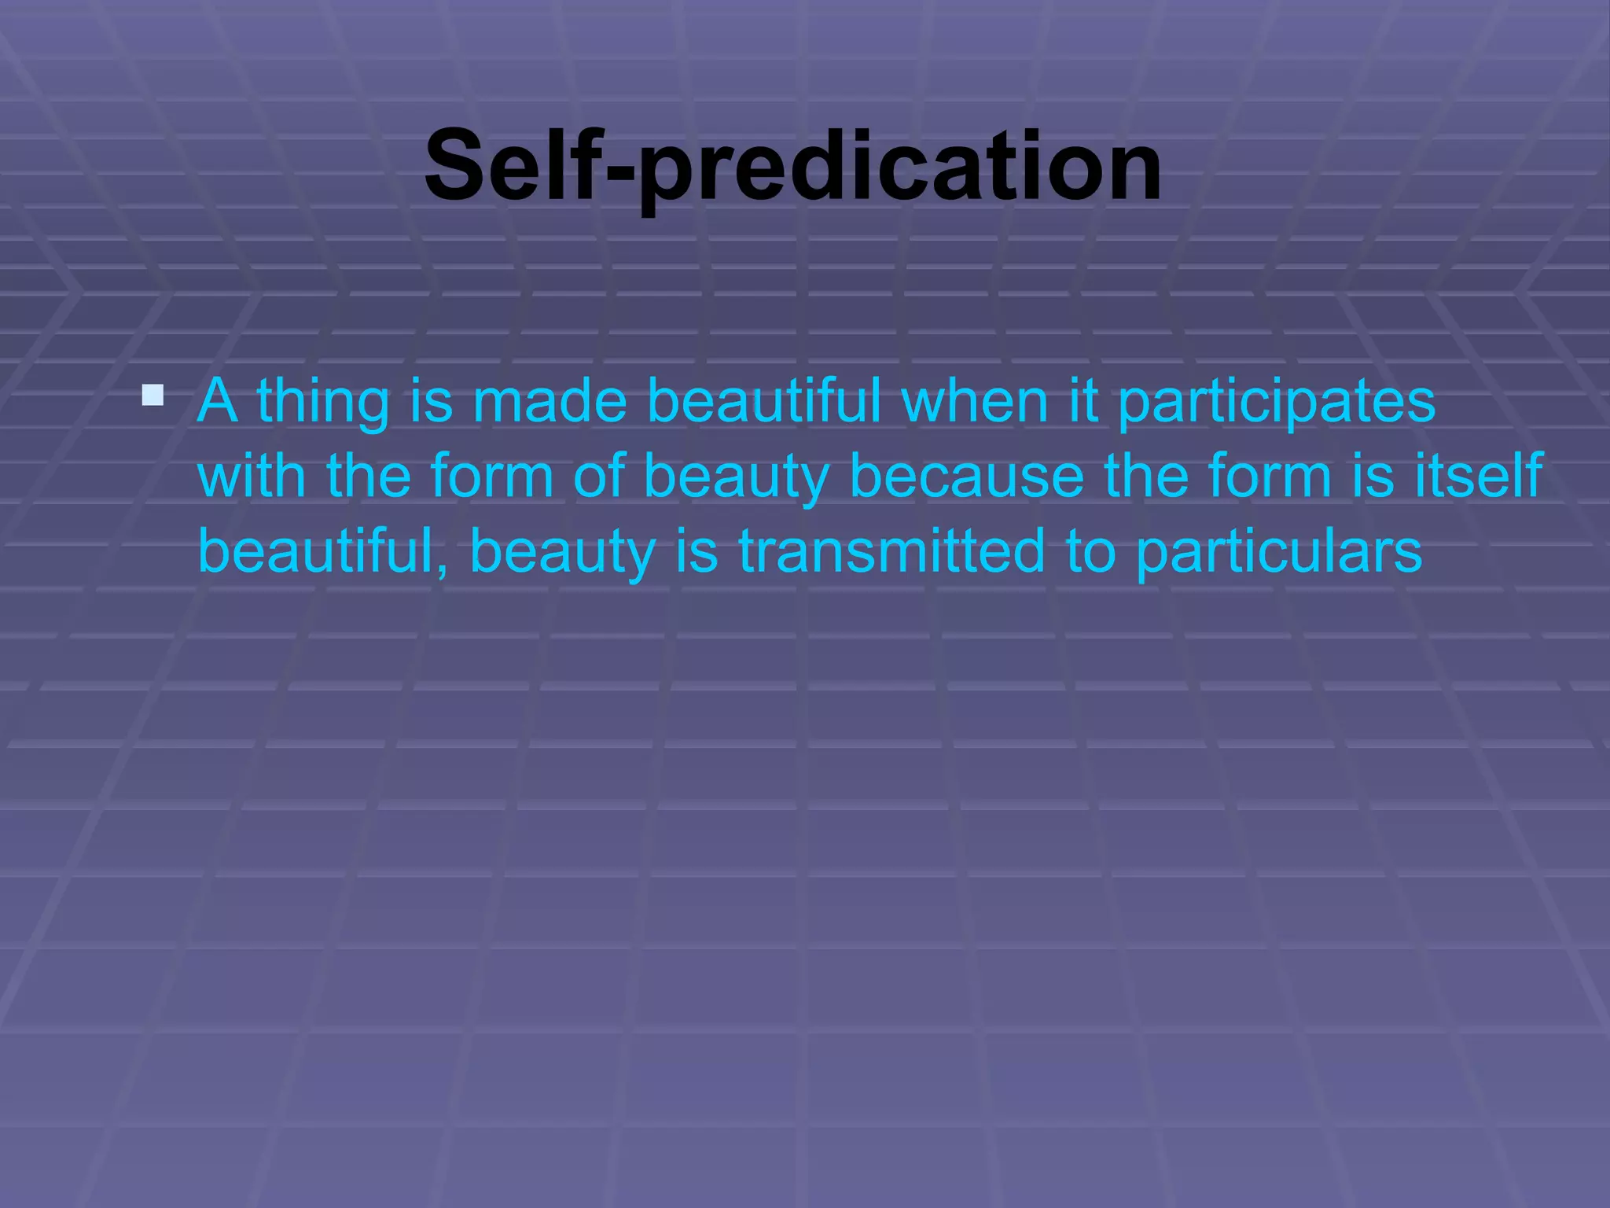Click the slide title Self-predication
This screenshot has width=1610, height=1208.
[792, 167]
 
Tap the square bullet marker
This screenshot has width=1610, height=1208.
[153, 395]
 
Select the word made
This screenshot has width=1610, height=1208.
[550, 401]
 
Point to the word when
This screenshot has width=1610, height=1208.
[974, 401]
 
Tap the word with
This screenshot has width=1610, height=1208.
[252, 476]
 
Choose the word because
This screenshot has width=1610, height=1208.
[967, 477]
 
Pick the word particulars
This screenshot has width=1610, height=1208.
[1279, 552]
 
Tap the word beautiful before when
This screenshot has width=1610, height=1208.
[763, 401]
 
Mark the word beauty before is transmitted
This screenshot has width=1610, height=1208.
[562, 552]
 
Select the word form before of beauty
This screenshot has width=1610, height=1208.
[492, 476]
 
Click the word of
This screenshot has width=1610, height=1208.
[599, 476]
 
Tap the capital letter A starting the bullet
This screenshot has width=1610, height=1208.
[217, 401]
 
